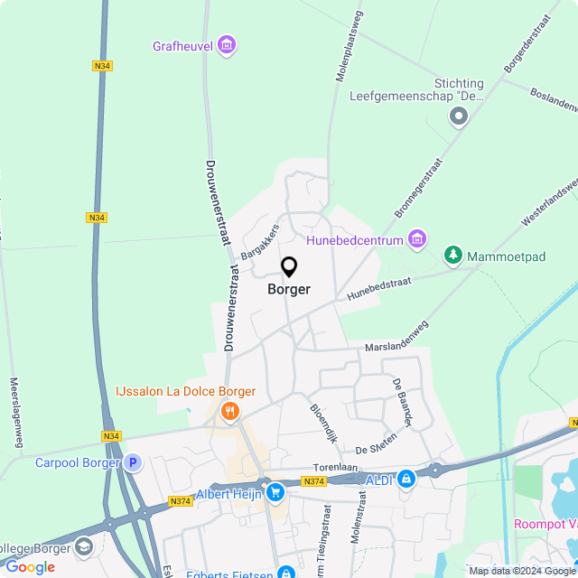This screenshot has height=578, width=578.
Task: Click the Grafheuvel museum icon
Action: click(x=227, y=43)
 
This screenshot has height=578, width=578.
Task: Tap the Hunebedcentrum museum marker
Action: click(x=416, y=239)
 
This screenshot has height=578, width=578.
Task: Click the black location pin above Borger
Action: click(x=289, y=267)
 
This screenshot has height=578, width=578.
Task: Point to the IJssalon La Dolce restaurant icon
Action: click(x=230, y=412)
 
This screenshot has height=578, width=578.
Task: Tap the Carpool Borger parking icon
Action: click(x=133, y=463)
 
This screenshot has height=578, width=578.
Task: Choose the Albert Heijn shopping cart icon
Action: click(x=275, y=492)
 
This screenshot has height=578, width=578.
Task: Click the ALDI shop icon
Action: click(x=406, y=479)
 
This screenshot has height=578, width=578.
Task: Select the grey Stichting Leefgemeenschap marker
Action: click(x=460, y=116)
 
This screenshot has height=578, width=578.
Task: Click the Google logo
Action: click(x=30, y=567)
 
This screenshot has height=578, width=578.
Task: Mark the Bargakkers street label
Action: click(x=261, y=241)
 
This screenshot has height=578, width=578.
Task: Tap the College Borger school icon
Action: click(x=84, y=547)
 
